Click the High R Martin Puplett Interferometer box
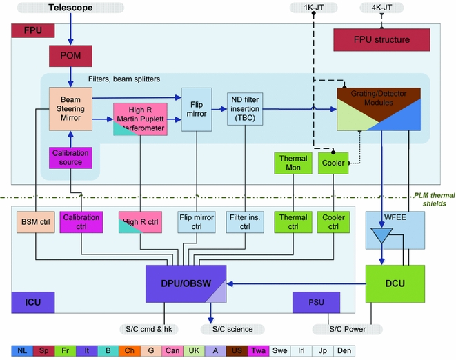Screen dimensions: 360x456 (x=141, y=119)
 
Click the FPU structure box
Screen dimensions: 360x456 (x=382, y=39)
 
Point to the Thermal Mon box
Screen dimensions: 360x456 (x=293, y=163)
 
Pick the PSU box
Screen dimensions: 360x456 (x=316, y=301)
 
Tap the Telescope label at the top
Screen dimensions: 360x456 (x=70, y=8)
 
